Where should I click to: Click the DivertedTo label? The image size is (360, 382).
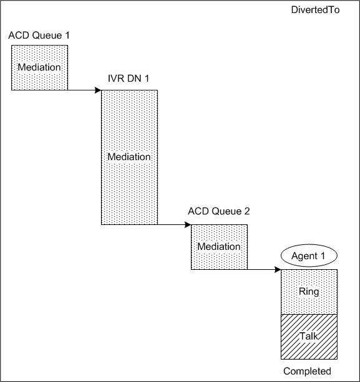tap(315, 11)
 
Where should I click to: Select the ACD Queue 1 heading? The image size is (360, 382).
tap(39, 36)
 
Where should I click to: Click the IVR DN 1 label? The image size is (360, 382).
tap(129, 80)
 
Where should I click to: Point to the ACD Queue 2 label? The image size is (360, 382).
tap(219, 211)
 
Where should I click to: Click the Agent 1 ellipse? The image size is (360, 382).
tap(309, 255)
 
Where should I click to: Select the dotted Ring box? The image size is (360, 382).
tap(309, 292)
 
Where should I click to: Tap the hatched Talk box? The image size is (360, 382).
tap(309, 337)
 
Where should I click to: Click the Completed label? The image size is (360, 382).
tap(308, 371)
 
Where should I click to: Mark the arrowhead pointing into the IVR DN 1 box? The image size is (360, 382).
tap(98, 90)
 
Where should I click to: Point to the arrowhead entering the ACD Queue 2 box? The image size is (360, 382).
tap(188, 224)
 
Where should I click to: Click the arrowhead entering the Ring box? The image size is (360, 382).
tap(278, 270)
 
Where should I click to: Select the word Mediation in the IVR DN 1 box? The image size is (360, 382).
tap(129, 157)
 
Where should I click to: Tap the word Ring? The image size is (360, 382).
tap(309, 292)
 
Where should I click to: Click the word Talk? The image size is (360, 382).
tap(309, 337)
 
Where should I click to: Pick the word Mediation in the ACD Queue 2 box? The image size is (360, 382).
tap(219, 247)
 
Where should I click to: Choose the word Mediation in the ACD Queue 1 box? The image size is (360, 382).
tap(40, 67)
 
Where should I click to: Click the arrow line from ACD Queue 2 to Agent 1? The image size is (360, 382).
tap(262, 270)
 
